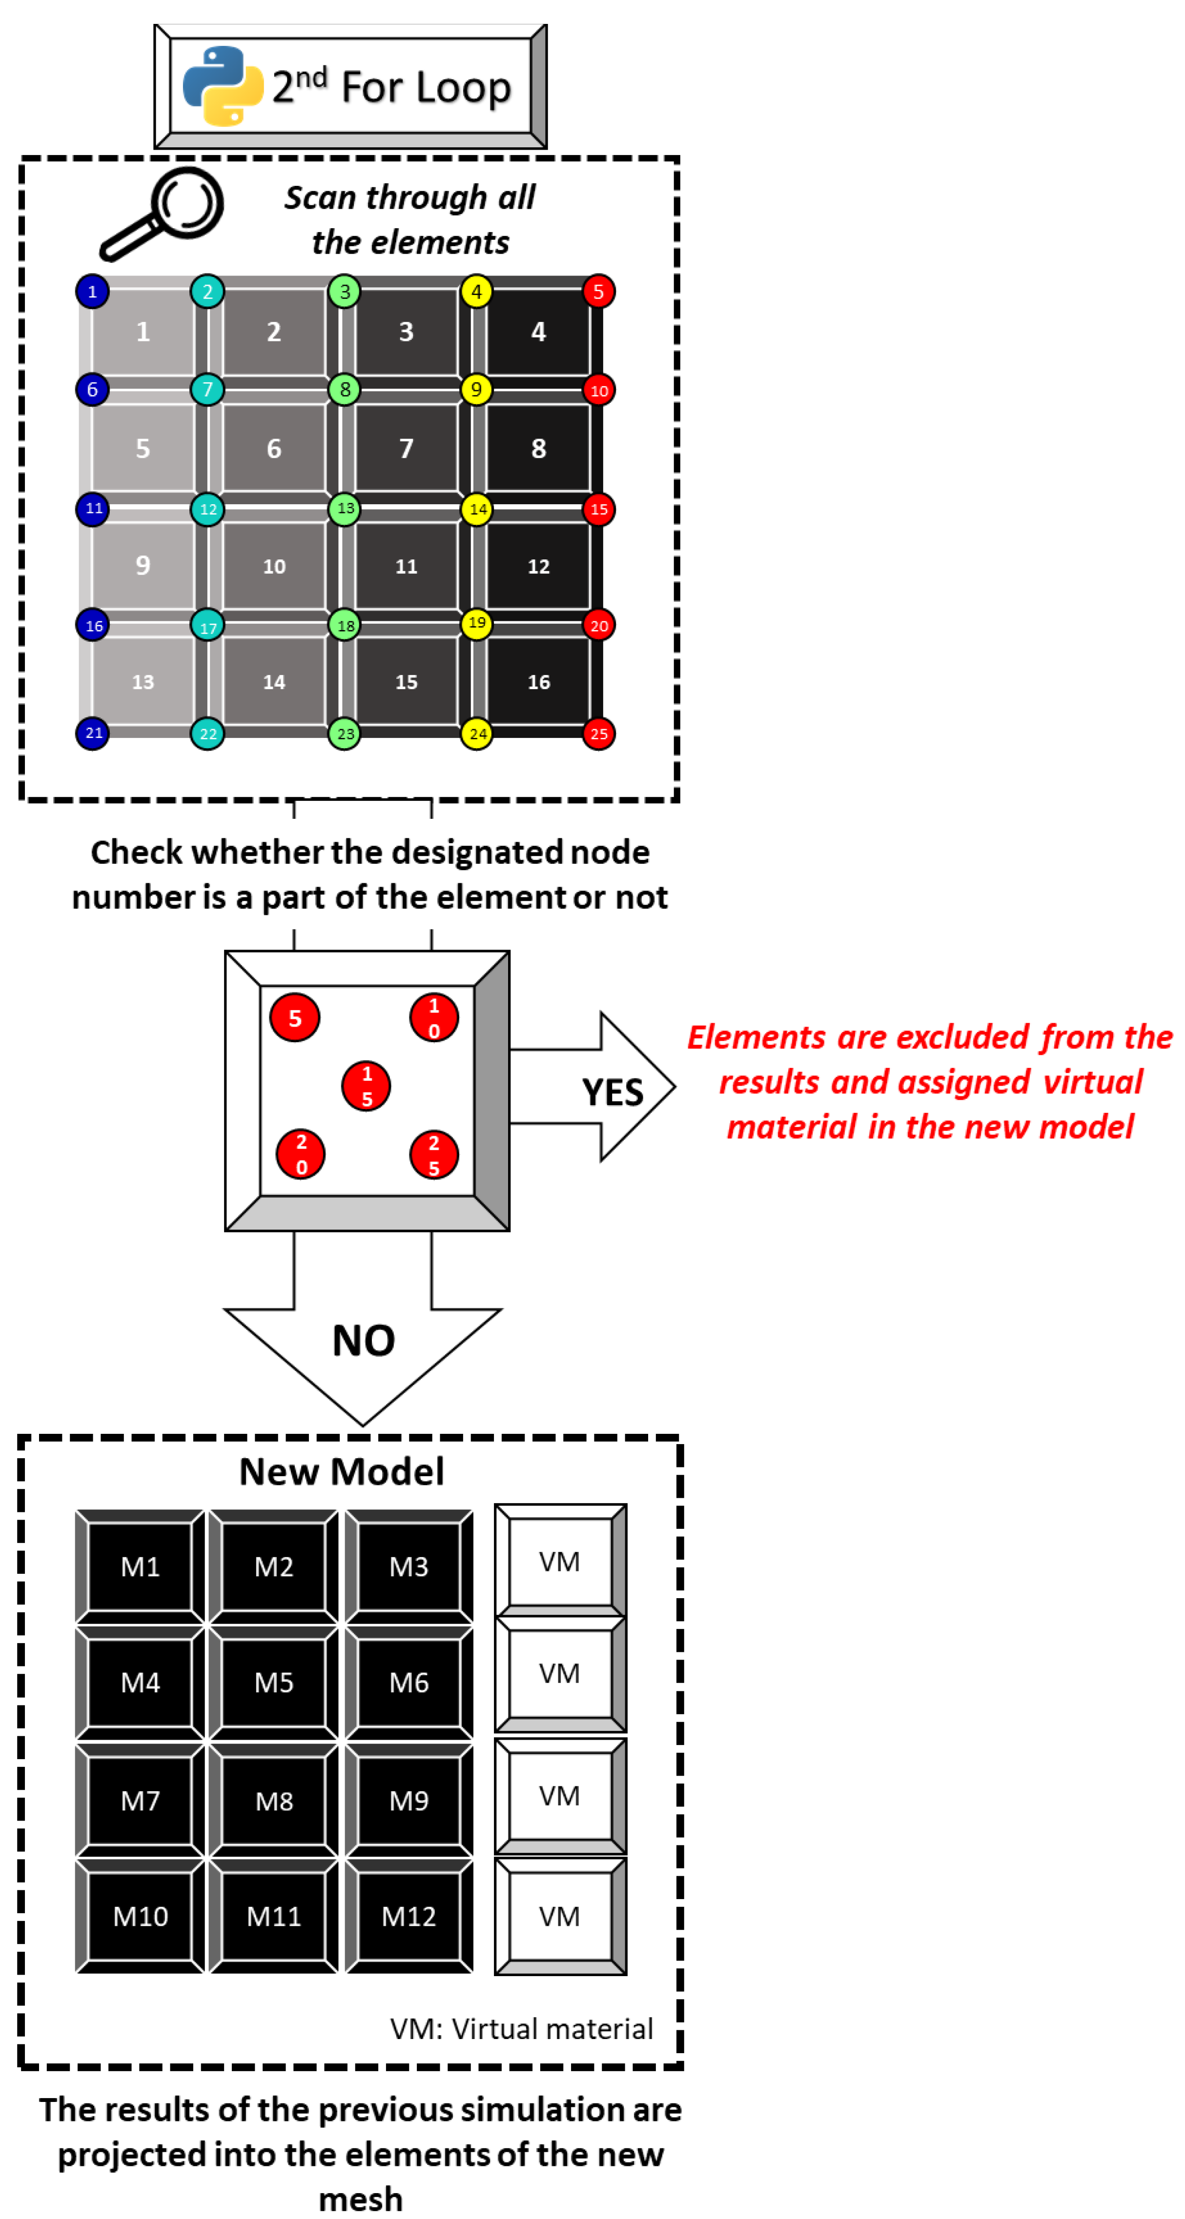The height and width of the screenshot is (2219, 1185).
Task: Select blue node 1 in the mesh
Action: [x=92, y=291]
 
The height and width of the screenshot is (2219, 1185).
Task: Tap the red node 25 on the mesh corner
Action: [x=598, y=734]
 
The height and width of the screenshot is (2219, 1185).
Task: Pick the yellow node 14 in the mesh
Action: [x=476, y=509]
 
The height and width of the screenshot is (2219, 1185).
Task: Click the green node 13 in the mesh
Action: [x=345, y=508]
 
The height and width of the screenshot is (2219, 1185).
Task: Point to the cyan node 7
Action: [x=207, y=389]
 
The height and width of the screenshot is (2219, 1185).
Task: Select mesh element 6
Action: [x=274, y=448]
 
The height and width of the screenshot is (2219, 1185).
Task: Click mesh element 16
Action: [x=539, y=681]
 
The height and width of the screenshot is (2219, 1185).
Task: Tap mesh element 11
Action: [x=406, y=566]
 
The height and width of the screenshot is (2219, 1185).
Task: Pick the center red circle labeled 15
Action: [x=366, y=1086]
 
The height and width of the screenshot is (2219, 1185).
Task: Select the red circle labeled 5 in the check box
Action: [x=295, y=1017]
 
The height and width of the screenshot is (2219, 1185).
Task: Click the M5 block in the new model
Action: [x=274, y=1683]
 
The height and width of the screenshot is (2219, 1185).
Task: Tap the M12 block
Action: [x=409, y=1916]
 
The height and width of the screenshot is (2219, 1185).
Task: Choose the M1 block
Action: [x=141, y=1566]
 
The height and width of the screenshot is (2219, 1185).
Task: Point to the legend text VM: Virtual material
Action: [x=521, y=2029]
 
